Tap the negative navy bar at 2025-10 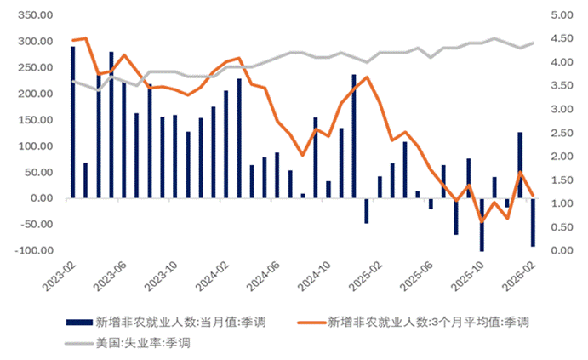coord(482,225)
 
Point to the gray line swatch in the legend coord(77,343)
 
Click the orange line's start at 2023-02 coord(72,41)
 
